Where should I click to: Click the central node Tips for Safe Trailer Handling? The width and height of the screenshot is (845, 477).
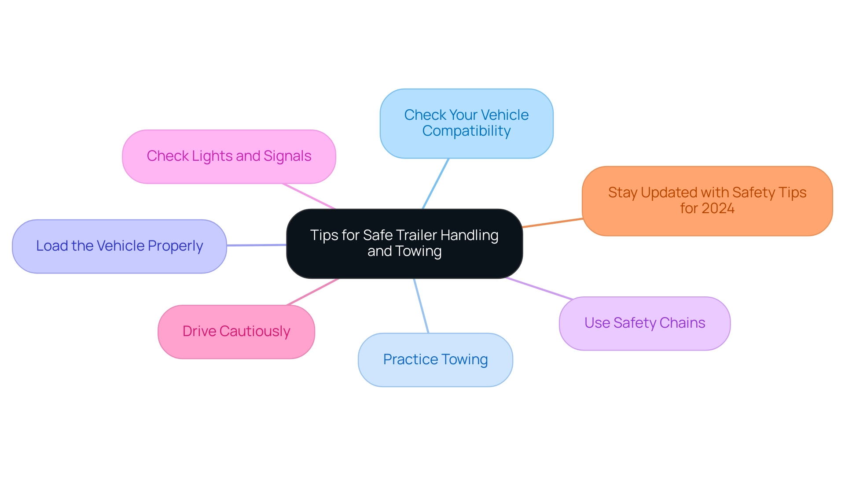404,243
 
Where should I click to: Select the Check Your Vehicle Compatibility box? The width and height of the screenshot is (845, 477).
466,123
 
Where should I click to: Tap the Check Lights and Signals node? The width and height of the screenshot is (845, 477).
229,156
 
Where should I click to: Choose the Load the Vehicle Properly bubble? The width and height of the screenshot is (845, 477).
119,246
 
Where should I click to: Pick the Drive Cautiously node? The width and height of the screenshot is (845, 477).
236,332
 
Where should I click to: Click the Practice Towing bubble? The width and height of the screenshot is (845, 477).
435,360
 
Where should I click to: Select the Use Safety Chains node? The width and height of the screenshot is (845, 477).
644,323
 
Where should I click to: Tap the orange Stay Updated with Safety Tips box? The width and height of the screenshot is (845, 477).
707,201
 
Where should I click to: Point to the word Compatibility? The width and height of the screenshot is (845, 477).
467,131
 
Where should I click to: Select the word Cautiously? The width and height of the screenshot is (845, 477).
255,332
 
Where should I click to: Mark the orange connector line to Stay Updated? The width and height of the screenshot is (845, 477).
552,223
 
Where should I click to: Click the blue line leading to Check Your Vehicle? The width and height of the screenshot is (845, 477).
436,183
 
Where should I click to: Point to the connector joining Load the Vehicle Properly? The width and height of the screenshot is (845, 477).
257,245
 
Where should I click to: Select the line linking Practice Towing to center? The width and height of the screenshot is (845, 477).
421,306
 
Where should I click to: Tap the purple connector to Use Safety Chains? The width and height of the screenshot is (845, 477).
539,288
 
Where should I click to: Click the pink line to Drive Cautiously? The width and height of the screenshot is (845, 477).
313,292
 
